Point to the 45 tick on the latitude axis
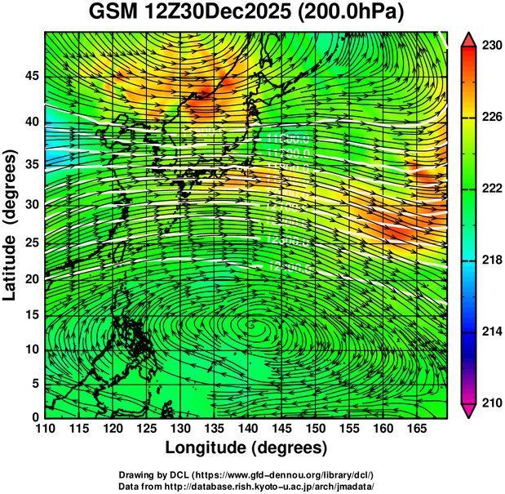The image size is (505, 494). coord(33,77)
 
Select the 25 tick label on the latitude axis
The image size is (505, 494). coord(33,242)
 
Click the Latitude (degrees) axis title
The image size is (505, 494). coord(11,224)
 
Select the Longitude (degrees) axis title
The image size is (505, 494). coord(246,448)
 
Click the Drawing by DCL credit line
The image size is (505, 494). coord(246,474)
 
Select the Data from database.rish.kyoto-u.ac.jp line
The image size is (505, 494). coord(246,486)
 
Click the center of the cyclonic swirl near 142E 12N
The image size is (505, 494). coord(259,330)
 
